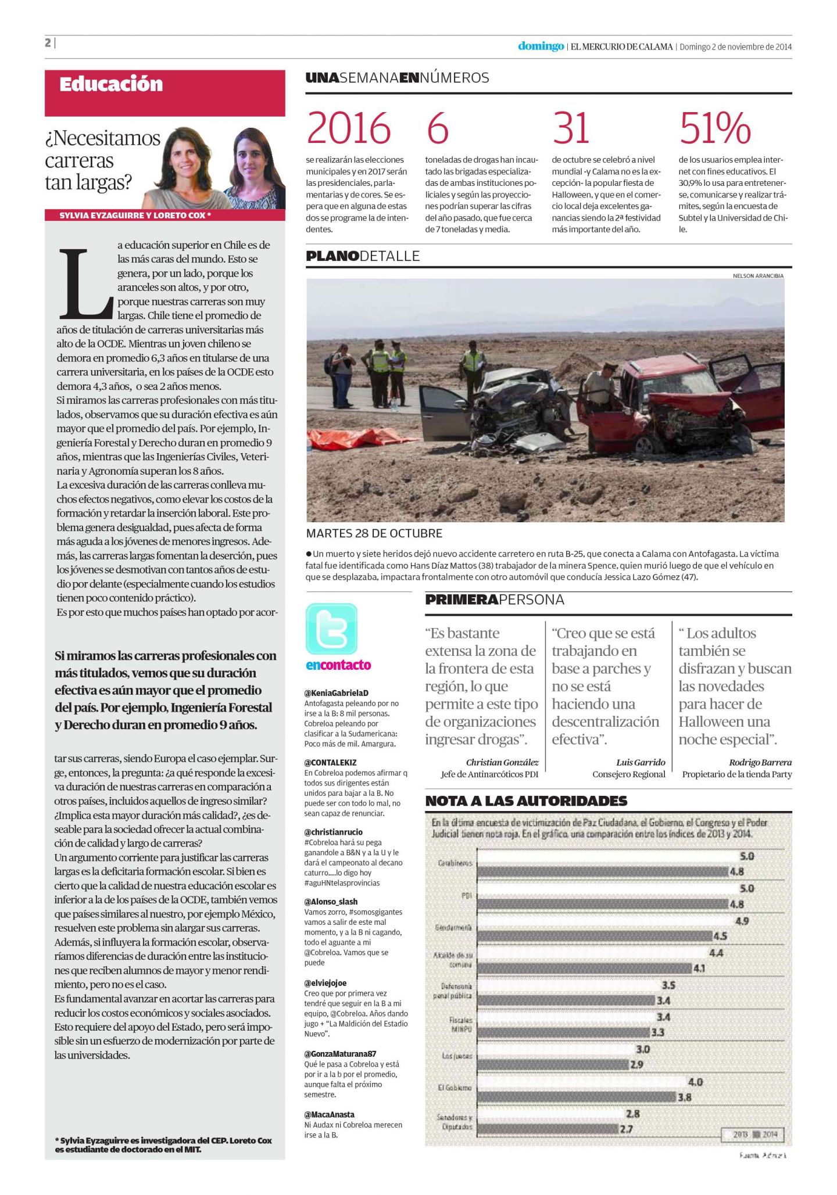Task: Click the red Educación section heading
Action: coord(111,84)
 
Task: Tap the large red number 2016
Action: coord(348,128)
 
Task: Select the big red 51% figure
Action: coord(715,128)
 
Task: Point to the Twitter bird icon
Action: coord(331,629)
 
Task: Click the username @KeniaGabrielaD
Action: coord(336,693)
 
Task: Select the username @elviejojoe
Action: coord(325,983)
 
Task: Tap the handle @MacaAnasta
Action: coord(329,1114)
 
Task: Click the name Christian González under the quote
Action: coord(502,762)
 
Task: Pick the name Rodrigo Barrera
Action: coord(760,762)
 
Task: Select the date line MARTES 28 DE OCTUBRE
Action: coord(374,533)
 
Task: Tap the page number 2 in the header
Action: coord(48,43)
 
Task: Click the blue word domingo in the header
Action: coord(541,46)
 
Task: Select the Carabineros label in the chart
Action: coord(455,863)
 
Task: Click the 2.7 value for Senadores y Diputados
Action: coord(625,1129)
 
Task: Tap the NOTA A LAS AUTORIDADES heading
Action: coord(526,801)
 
